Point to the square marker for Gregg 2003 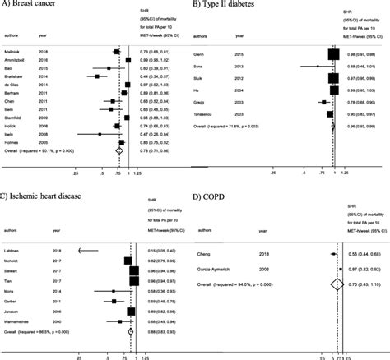pos(329,103)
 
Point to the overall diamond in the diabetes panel pos(333,126)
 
